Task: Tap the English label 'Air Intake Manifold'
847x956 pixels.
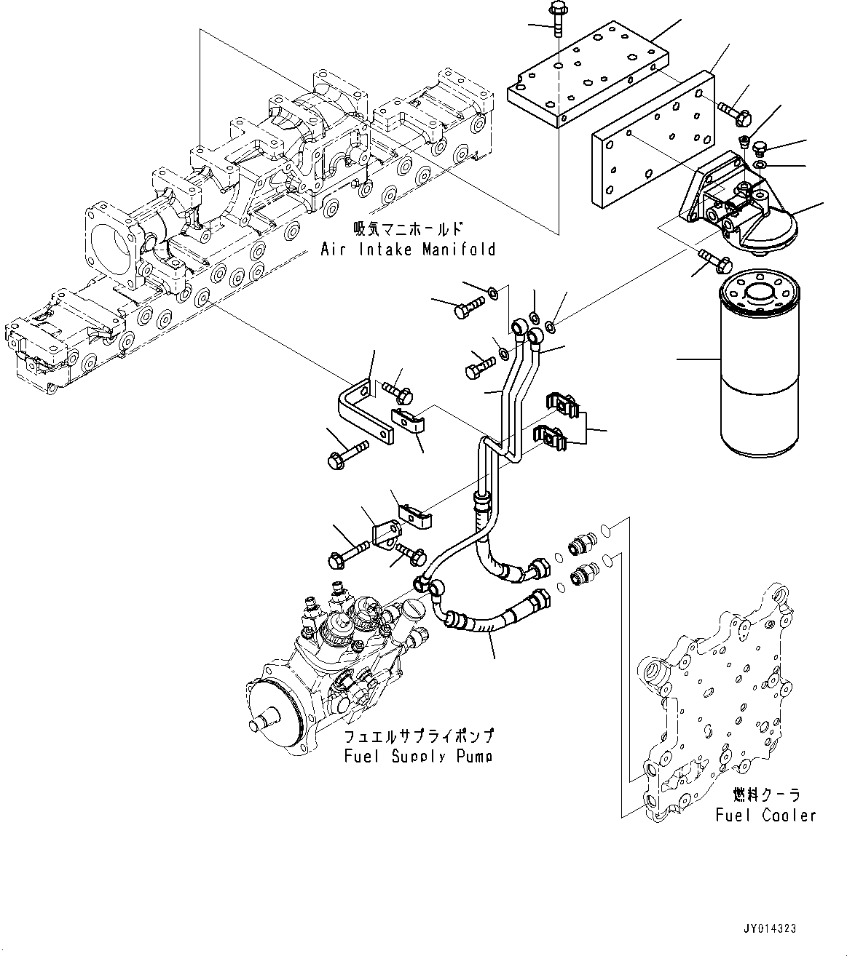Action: [x=408, y=250]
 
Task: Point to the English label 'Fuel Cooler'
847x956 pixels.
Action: [x=765, y=816]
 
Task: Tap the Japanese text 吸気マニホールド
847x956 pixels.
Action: [x=408, y=228]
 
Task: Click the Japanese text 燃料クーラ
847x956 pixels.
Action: [x=766, y=794]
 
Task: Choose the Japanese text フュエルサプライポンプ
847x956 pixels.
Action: [x=420, y=736]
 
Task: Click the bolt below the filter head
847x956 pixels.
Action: [x=709, y=259]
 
